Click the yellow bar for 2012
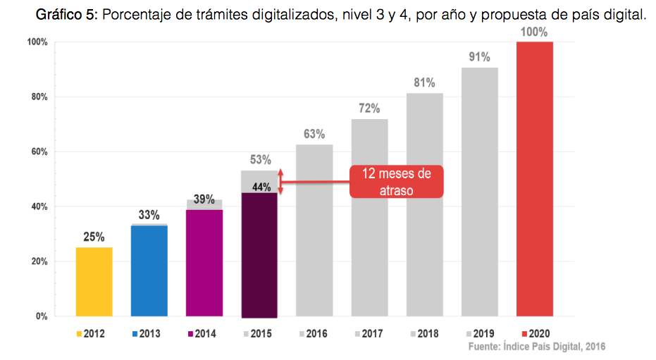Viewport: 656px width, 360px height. [x=94, y=281]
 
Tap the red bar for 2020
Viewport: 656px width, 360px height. [x=534, y=179]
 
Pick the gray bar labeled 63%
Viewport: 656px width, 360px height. [x=314, y=230]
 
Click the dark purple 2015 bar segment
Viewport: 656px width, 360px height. [x=259, y=254]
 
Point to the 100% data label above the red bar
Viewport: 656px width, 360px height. [x=534, y=32]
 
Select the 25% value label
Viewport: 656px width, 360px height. [x=94, y=237]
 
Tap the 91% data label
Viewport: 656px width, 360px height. [x=479, y=58]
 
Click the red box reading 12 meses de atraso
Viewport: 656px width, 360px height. [x=396, y=182]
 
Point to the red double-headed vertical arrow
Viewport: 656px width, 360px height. [x=280, y=181]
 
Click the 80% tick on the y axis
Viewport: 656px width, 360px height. [x=37, y=97]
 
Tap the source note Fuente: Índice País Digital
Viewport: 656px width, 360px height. [x=537, y=347]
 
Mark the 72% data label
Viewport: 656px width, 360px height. [x=369, y=108]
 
